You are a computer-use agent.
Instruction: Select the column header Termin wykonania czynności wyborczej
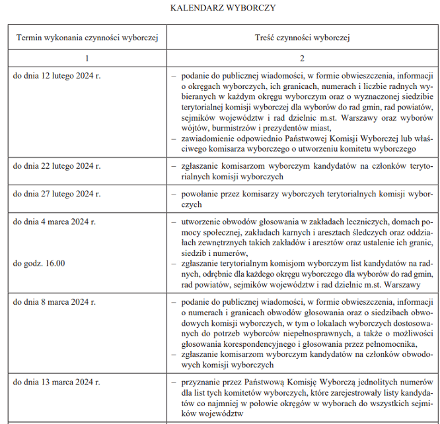click(88, 38)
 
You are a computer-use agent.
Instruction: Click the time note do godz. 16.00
click(39, 264)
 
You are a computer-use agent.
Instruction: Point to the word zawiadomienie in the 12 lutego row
click(209, 138)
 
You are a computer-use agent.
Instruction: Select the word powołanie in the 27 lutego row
click(199, 195)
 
